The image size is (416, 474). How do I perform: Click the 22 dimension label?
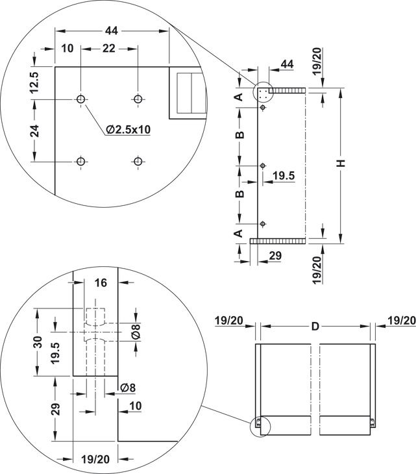click(x=109, y=48)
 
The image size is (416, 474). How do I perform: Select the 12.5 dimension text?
click(x=34, y=82)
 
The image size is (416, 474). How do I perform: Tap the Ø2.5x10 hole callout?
click(x=128, y=129)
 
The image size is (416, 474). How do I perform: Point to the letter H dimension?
click(x=341, y=163)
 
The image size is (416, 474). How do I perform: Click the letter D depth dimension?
click(x=315, y=326)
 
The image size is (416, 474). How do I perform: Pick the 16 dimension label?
click(x=101, y=282)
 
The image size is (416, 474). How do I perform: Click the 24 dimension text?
click(x=35, y=131)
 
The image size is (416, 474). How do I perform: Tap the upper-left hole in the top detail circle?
click(x=80, y=99)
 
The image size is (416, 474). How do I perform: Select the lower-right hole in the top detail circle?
click(x=138, y=162)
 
